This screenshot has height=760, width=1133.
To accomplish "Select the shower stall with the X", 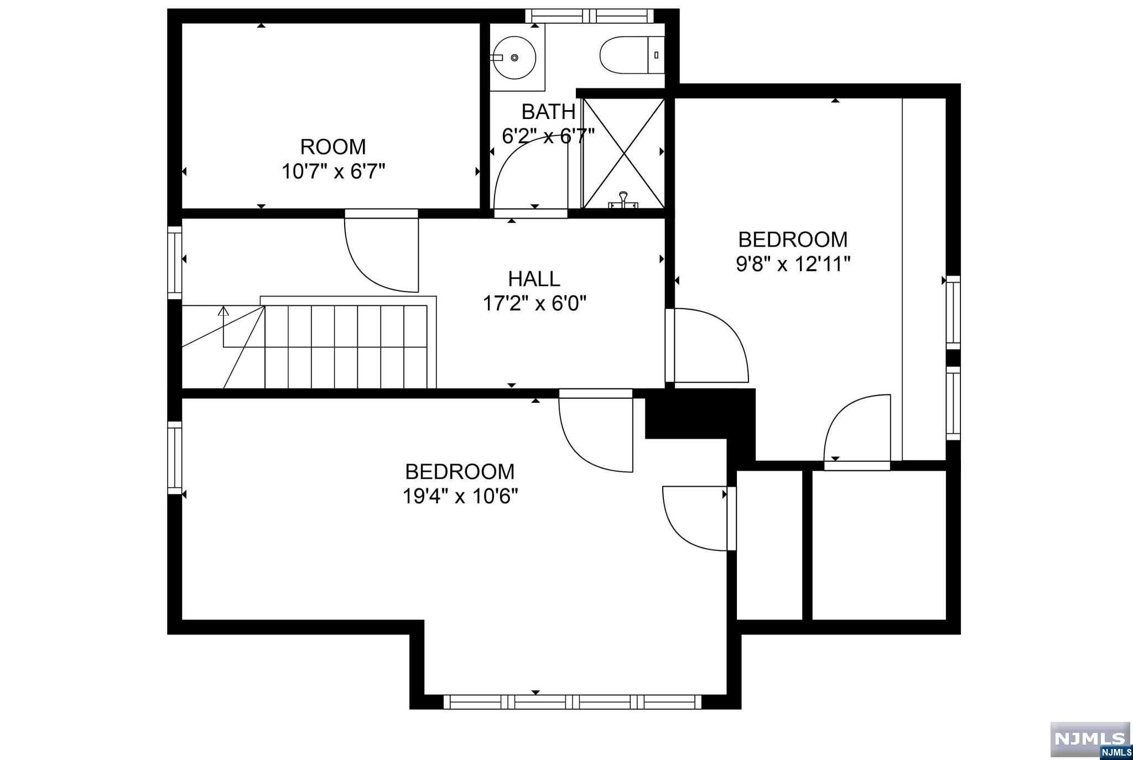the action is pos(623,153).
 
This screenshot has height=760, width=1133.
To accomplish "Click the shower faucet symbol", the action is pos(623,200).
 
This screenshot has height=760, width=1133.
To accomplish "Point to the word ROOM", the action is pos(333,147).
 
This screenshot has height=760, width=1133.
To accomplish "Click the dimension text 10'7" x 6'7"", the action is pos(333,171).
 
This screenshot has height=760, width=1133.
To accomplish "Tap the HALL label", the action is pos(534,278).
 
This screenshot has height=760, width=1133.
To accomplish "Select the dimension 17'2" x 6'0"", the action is pos(534,303).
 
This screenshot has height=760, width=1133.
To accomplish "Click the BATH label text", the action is pos(548,112).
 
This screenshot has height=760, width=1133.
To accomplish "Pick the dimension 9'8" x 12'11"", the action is pos(793,264).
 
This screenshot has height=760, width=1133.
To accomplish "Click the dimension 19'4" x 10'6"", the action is pos(460,496).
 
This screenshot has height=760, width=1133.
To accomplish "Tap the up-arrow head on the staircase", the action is pos(224,311).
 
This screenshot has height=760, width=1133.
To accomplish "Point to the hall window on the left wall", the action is pos(175,263).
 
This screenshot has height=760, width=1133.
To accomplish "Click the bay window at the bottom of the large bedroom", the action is pos(573,702).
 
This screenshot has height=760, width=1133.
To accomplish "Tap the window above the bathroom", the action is pos(589,15).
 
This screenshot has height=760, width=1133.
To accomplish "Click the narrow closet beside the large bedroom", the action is pos(769,545).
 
